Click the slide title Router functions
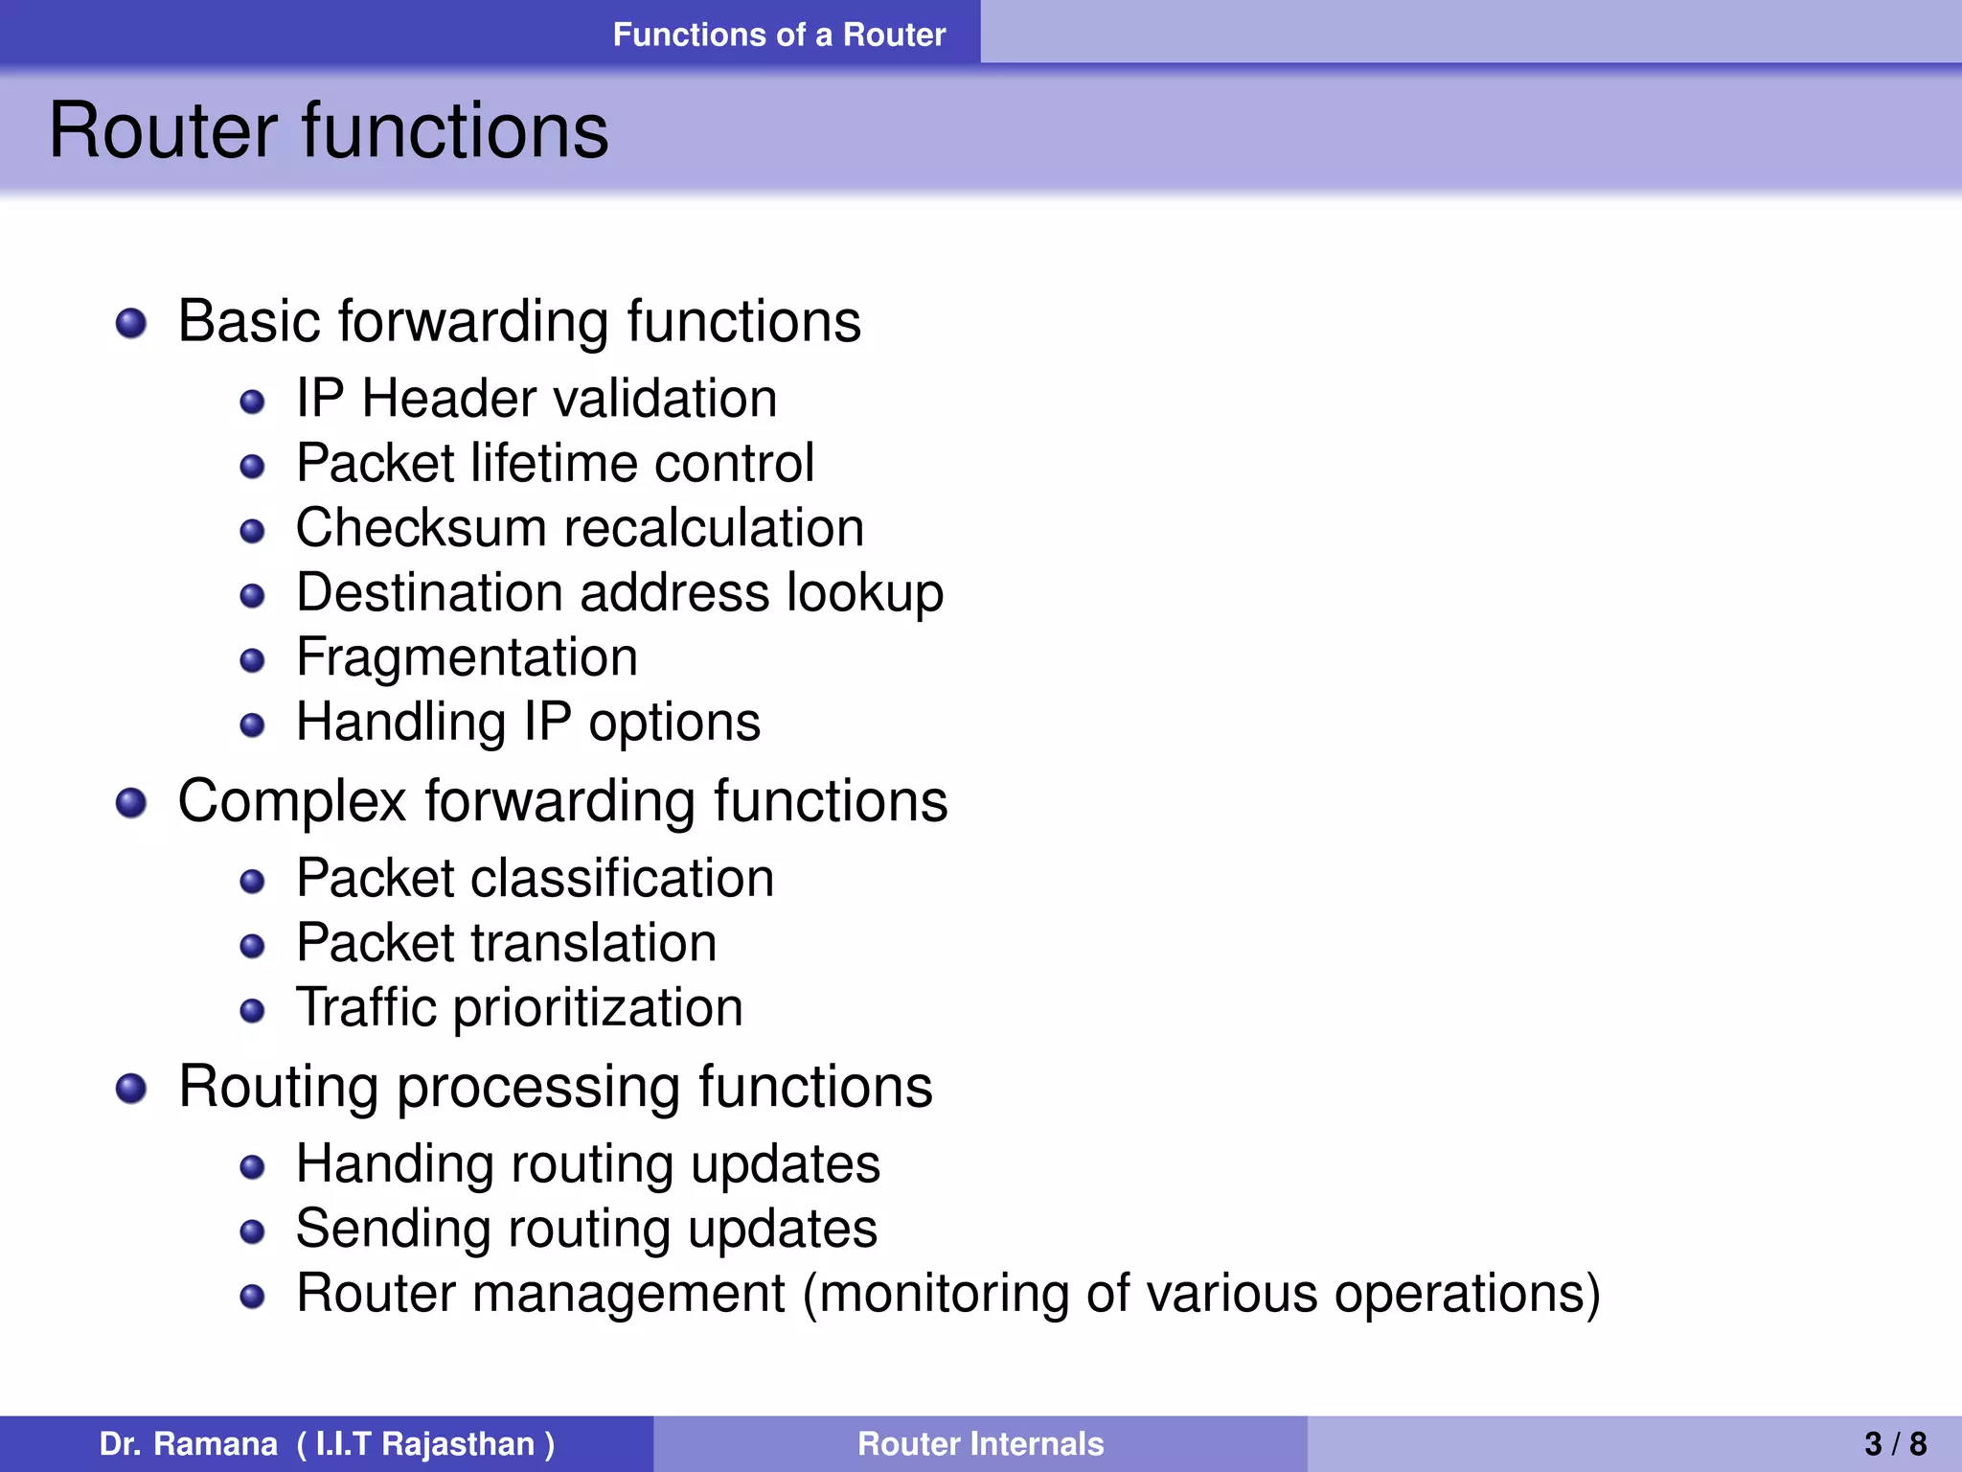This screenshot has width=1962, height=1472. coord(329,130)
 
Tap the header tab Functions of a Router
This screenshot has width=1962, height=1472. coord(779,34)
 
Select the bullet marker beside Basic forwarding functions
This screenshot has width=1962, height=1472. coord(131,323)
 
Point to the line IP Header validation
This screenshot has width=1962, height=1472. coord(536,399)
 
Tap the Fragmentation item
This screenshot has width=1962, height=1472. coord(467,657)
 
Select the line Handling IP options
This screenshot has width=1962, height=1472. coord(528,722)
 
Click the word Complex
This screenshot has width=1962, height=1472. coord(292,801)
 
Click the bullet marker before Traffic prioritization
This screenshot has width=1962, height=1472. coord(252,1011)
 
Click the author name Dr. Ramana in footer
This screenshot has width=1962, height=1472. coord(188,1443)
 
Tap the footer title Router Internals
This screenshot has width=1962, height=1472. coord(980,1443)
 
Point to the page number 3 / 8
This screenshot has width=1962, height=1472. coord(1895,1443)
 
